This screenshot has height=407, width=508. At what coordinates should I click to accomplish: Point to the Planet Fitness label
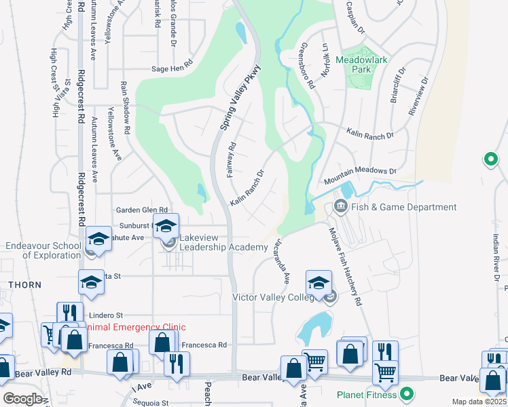[367, 393]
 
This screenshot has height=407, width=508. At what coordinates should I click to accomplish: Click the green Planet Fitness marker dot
[407, 393]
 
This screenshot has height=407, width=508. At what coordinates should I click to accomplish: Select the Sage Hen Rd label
[173, 69]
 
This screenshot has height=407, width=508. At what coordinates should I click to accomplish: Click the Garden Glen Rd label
[141, 210]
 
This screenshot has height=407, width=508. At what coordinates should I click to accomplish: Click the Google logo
[22, 399]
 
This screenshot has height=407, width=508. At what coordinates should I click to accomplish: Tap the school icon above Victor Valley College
[319, 283]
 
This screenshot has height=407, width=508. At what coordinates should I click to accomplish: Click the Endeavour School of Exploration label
[42, 250]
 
